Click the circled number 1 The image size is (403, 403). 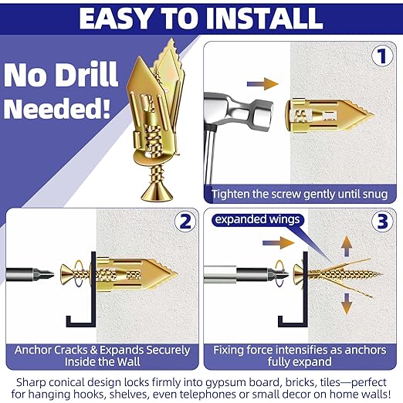[x=379, y=56]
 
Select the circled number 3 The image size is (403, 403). [x=379, y=223]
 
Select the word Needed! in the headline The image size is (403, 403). [x=61, y=107]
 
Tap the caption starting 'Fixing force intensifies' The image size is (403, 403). [x=302, y=354]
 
